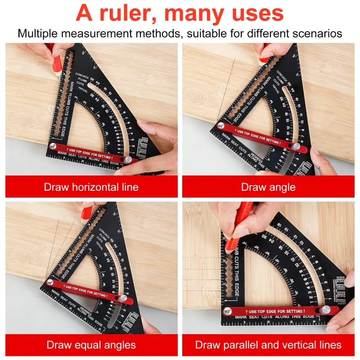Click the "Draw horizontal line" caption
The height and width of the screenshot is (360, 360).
pyautogui.click(x=91, y=187)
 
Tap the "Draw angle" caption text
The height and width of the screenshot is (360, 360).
pyautogui.click(x=268, y=187)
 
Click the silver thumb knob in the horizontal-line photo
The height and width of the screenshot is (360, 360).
pyautogui.click(x=129, y=160)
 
